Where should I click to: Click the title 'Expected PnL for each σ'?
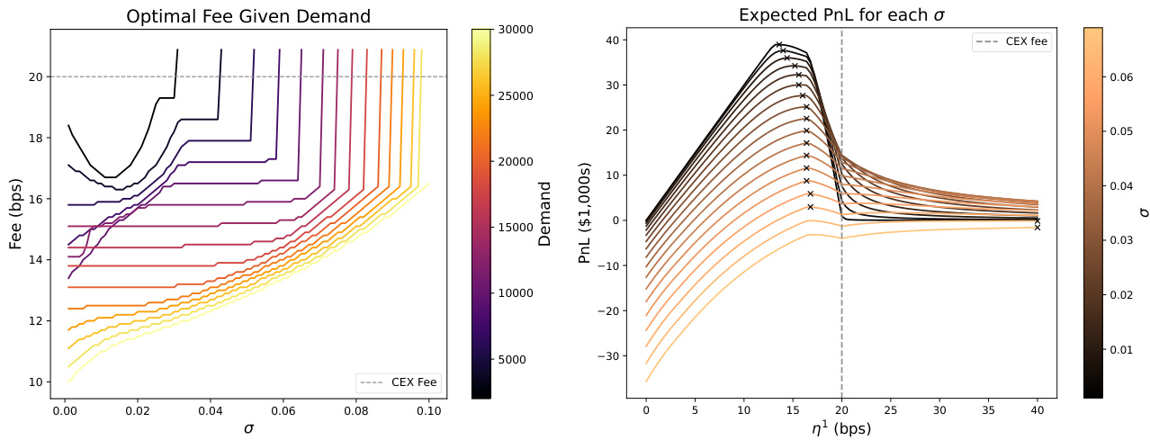click(x=841, y=15)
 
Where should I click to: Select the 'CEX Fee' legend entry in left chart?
click(x=398, y=382)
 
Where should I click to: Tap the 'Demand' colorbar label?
click(x=544, y=212)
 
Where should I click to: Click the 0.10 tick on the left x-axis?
click(x=428, y=409)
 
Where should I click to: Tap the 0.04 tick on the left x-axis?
click(x=210, y=409)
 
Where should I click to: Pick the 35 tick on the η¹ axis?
click(x=988, y=409)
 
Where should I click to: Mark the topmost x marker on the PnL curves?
click(x=779, y=44)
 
